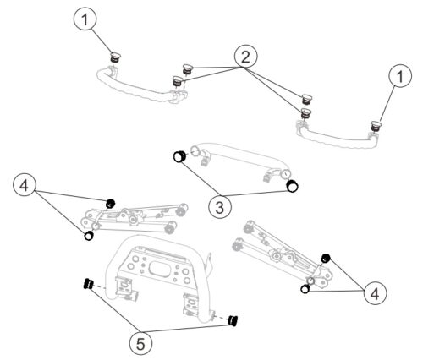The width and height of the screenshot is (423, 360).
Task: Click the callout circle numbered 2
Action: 245,57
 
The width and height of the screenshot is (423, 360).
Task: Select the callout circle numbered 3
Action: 220,207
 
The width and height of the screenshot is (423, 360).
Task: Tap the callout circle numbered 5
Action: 140,343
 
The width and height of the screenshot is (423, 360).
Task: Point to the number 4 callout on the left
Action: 25,186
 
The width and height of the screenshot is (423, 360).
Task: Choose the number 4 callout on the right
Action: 375,293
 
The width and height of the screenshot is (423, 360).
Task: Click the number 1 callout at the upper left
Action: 85,19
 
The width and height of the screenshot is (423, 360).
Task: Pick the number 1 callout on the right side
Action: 400,76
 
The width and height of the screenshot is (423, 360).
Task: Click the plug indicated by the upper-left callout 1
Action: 115,57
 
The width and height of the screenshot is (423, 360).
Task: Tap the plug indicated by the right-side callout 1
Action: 376,126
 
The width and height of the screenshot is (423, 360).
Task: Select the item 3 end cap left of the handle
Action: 179,156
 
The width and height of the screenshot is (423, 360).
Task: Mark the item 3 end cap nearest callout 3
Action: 292,186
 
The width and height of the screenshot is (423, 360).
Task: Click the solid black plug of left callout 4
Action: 111,204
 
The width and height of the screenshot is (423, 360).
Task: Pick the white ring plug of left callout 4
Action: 89,236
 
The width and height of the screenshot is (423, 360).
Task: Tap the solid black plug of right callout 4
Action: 326,258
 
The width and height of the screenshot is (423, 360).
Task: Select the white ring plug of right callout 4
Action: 305,289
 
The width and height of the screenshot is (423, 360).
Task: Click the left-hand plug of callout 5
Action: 89,284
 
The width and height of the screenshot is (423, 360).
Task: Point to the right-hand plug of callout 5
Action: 233,321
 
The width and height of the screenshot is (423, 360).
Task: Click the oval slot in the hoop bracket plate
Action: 159,267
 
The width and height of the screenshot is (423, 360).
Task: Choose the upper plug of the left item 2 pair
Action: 187,68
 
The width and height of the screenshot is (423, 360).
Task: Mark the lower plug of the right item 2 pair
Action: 305,112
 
